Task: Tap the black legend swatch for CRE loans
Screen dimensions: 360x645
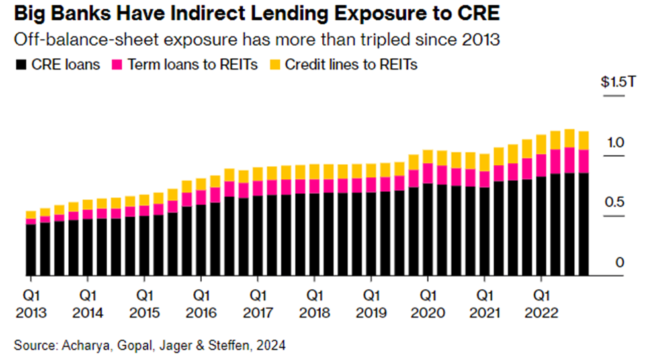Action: pos(18,64)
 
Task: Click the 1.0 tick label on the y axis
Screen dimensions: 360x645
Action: pos(616,142)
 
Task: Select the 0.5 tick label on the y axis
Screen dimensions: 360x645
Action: pos(615,202)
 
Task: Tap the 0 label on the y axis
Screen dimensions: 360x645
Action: pos(619,263)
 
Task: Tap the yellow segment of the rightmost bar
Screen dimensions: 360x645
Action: pos(583,140)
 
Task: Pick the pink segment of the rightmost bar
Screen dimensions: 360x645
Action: pos(583,161)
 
